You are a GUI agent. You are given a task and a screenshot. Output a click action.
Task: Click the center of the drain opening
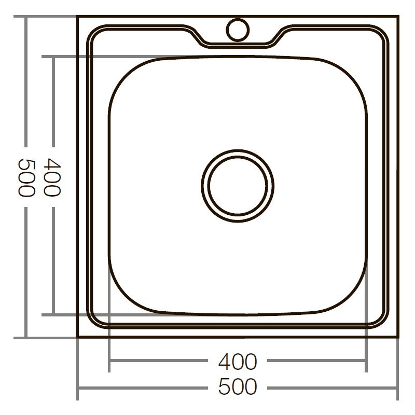coord(238,185)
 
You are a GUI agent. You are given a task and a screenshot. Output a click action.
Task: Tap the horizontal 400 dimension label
coord(238,362)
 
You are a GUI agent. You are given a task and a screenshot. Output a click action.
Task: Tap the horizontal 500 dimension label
coord(238,387)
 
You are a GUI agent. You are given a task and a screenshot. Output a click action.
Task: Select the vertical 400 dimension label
coord(52,176)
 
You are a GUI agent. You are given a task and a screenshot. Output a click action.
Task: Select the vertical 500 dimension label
coord(26,176)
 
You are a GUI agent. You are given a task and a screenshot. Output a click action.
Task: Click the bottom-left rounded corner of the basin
coord(125,299)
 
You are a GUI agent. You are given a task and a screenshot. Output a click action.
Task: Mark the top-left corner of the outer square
coord(78,17)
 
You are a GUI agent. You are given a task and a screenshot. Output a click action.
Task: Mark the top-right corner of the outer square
coord(398,17)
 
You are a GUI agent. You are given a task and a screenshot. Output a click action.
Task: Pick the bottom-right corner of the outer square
coord(398,338)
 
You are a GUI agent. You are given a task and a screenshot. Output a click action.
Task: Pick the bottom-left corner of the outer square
coord(78,338)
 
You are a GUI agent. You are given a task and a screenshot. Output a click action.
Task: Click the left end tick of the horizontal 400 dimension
coord(109,361)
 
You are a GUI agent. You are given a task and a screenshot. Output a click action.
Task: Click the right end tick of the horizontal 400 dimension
coord(366,361)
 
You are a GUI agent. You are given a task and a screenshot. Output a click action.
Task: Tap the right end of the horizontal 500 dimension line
coord(398,388)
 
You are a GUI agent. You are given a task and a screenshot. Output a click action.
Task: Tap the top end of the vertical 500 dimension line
coord(26,17)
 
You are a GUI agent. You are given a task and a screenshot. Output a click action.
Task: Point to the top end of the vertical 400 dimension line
coord(53,56)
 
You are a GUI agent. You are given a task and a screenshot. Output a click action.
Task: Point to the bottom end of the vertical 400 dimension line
coord(53,314)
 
